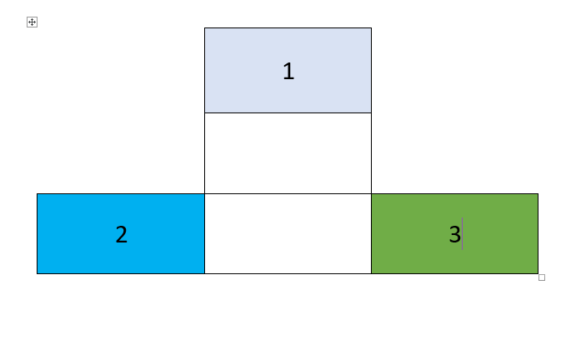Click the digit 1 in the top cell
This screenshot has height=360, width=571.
point(288,71)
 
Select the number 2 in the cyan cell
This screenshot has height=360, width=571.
point(122,234)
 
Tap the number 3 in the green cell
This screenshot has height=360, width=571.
point(455,234)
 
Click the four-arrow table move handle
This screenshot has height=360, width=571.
point(32,22)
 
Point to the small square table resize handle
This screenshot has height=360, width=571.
point(542,277)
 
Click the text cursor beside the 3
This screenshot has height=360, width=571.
point(462,233)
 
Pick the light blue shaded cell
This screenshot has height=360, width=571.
point(288,70)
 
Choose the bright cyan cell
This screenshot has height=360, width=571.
point(121,233)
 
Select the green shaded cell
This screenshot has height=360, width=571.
point(455,233)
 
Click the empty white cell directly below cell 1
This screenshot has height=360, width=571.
point(288,153)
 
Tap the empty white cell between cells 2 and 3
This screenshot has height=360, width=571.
point(288,233)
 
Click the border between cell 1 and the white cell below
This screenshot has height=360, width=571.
point(288,112)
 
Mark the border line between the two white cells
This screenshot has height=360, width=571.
point(288,193)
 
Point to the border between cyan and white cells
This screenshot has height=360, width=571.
point(205,233)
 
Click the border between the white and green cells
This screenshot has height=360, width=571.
point(372,233)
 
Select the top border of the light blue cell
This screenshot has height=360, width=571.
point(288,28)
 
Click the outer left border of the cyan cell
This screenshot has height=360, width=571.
point(38,233)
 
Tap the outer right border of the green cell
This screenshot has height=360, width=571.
point(538,233)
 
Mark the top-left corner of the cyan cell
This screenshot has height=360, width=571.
point(38,193)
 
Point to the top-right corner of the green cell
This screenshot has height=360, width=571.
point(538,193)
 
